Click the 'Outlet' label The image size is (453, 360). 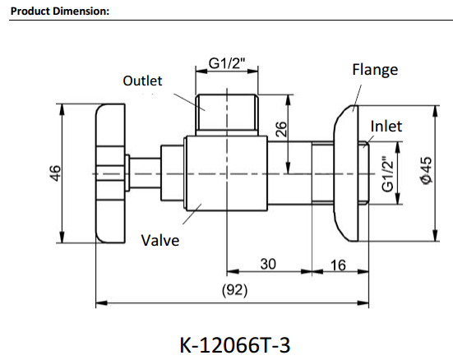(x=142, y=81)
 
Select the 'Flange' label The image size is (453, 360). (x=374, y=69)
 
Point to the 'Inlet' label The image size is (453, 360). (x=386, y=126)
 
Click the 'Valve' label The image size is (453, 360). (x=159, y=240)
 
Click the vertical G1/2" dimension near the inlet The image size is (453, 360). (x=389, y=175)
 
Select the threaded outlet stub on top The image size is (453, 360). (x=228, y=114)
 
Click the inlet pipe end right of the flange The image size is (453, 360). (x=367, y=174)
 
